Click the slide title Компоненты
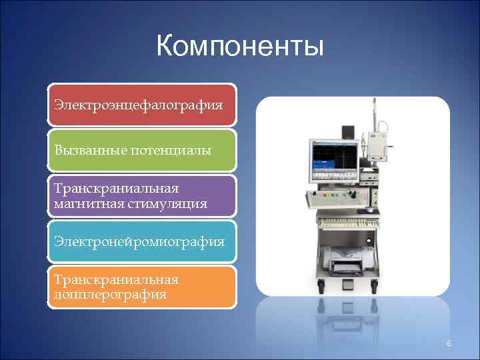click(x=240, y=47)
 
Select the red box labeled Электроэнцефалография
click(x=141, y=105)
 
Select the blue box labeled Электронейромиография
click(x=141, y=241)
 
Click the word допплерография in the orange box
click(x=111, y=294)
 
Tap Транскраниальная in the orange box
click(x=116, y=280)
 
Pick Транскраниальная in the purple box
click(x=116, y=189)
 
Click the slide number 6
click(x=449, y=343)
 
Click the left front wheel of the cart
click(x=321, y=287)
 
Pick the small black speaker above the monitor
click(x=347, y=131)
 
